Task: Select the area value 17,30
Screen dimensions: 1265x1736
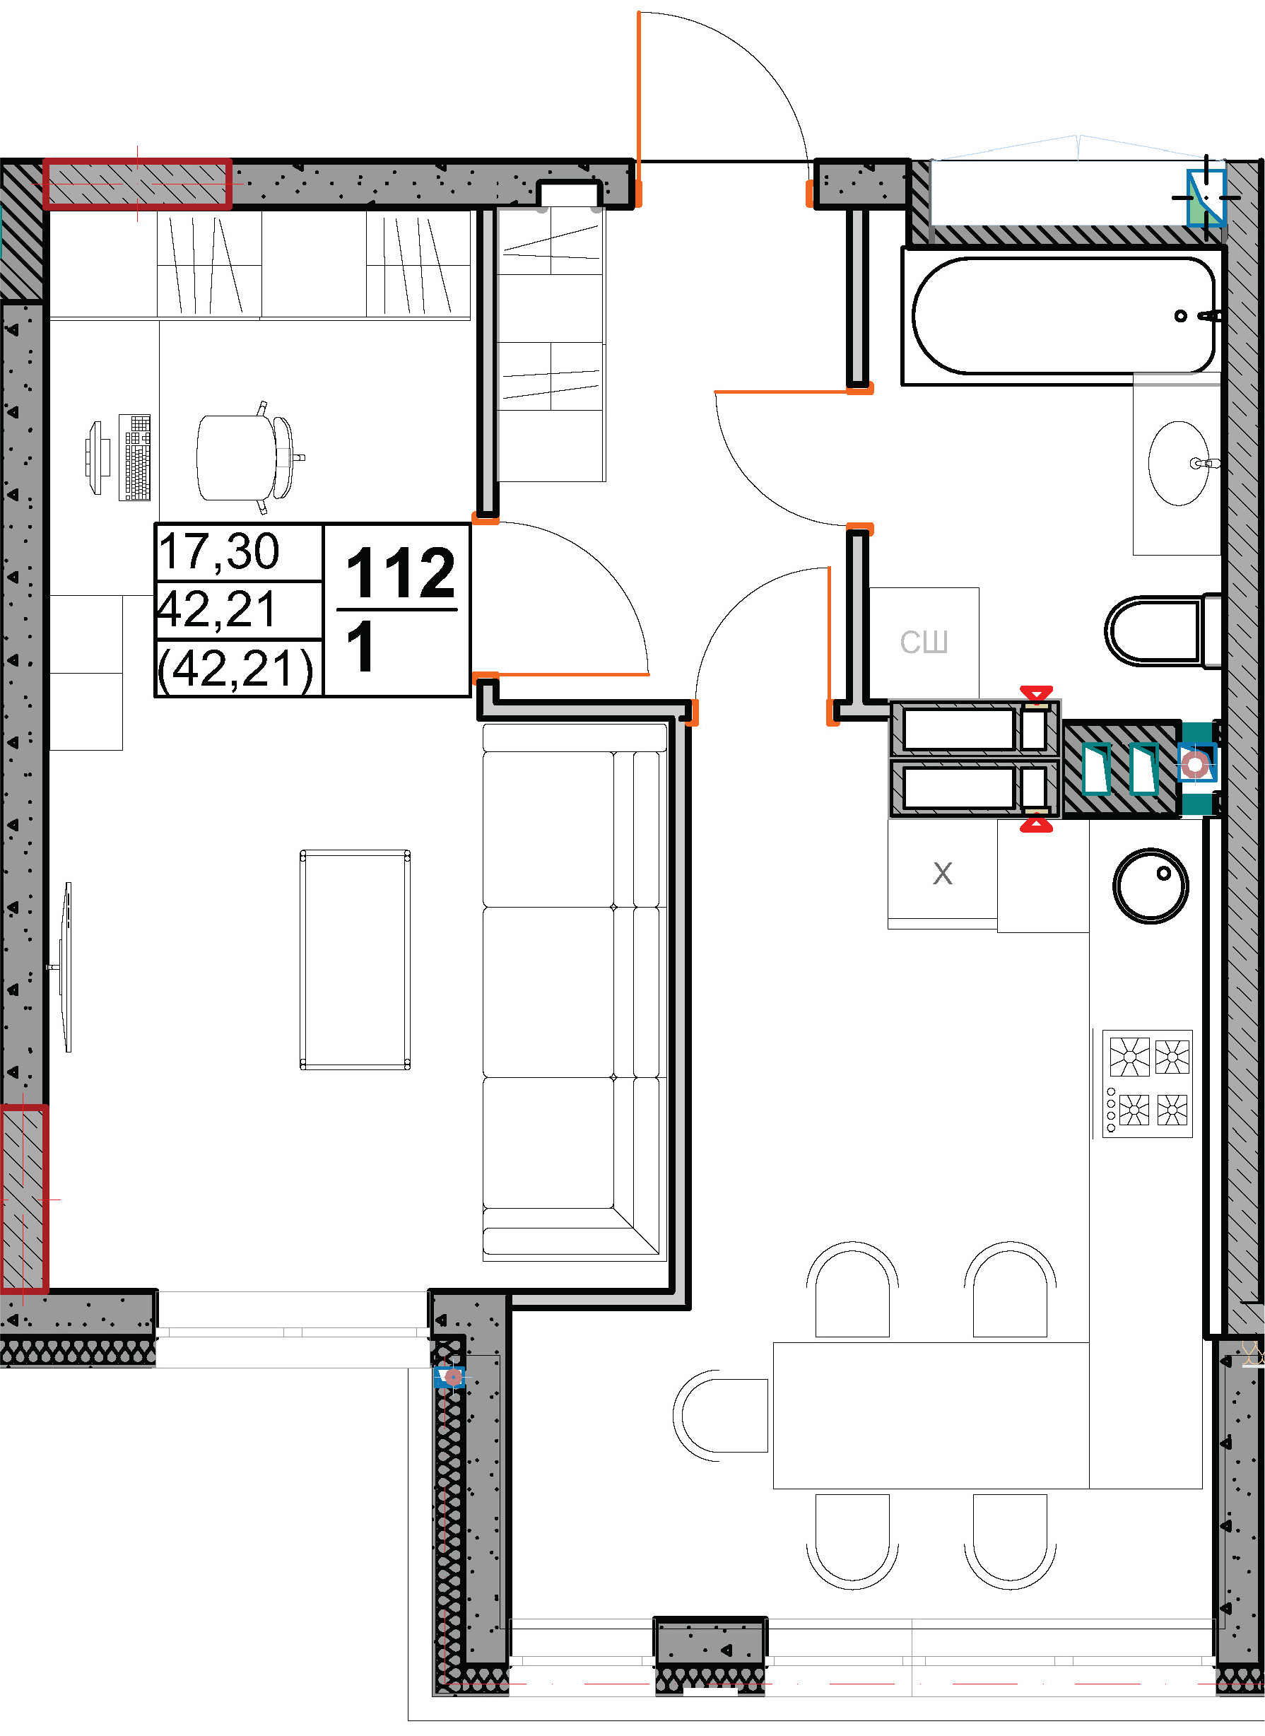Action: click(219, 551)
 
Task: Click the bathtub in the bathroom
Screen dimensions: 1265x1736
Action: click(1063, 315)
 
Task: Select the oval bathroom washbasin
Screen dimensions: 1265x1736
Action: click(1179, 462)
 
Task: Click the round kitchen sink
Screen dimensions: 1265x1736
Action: click(1150, 886)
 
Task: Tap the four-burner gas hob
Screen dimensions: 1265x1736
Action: click(1147, 1083)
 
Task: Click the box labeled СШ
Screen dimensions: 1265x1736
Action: click(924, 643)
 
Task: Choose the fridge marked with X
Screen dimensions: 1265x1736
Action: click(943, 874)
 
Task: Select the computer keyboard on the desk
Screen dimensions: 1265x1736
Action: click(135, 457)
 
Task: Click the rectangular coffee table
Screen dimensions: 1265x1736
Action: click(355, 958)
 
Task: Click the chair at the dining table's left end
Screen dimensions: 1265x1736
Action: click(721, 1416)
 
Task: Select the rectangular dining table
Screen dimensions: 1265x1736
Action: click(931, 1415)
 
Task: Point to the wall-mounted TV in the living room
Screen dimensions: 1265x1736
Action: click(64, 967)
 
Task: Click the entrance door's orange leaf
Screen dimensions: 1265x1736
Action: click(638, 109)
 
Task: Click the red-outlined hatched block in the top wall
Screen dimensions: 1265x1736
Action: click(137, 184)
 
